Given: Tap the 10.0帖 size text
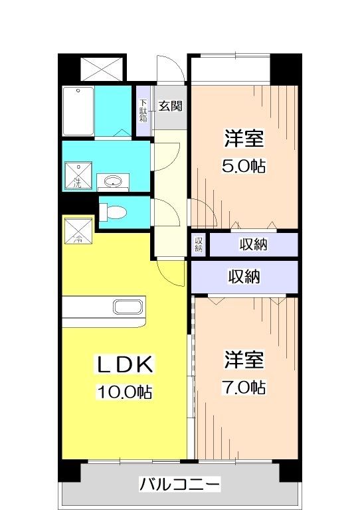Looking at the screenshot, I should tap(126, 392).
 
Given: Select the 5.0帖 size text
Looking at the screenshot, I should tap(244, 166).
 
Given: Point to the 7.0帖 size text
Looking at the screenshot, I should tap(244, 387).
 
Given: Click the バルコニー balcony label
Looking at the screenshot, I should tap(179, 483).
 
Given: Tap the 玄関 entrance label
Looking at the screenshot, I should tap(171, 106).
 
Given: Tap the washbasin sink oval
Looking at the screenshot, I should tap(114, 180).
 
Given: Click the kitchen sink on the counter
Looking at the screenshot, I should tap(126, 307).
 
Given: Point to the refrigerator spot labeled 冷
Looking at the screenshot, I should tap(76, 231).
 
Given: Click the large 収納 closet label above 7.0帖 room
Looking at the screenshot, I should tap(244, 275).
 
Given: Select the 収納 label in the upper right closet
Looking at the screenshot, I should tap(253, 245).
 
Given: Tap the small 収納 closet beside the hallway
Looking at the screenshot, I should tap(199, 245).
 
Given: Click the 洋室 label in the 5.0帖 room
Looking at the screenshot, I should tap(244, 139).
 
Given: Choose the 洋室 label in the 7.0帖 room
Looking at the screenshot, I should tap(244, 360).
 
